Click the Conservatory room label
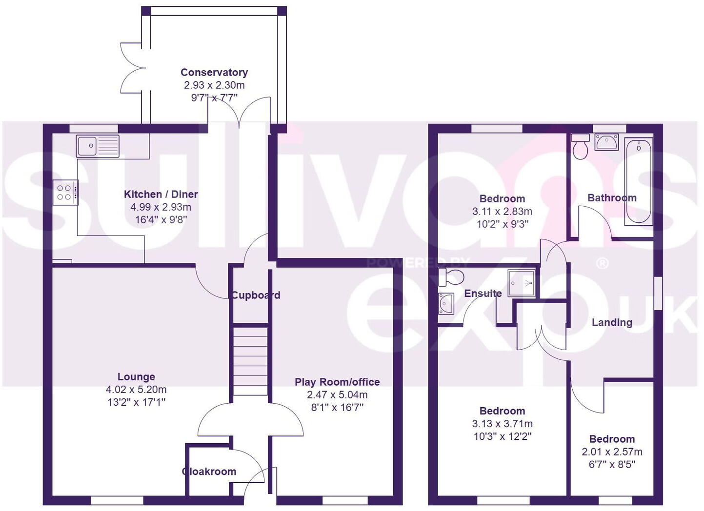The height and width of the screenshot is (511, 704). (214, 72)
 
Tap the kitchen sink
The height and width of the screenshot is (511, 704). (97, 146)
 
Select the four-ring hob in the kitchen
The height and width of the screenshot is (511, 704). (65, 192)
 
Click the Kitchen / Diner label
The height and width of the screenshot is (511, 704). (161, 194)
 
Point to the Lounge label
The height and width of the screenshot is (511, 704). (136, 376)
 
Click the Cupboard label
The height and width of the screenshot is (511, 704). (256, 295)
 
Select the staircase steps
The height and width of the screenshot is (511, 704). (250, 361)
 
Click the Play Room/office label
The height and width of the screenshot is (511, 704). (337, 382)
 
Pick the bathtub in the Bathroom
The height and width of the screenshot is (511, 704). (639, 181)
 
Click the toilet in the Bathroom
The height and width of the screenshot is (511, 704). (581, 147)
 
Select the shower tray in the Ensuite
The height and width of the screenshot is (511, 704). (522, 283)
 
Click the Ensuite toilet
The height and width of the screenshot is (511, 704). (450, 277)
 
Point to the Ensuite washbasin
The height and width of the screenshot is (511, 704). (446, 303)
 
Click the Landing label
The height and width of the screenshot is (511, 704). (612, 322)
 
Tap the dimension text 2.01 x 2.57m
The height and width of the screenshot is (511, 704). (612, 452)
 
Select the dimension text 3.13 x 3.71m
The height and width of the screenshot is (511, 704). (502, 424)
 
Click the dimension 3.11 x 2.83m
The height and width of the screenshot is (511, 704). (502, 211)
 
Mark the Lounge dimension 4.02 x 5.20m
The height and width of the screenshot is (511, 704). (136, 389)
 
